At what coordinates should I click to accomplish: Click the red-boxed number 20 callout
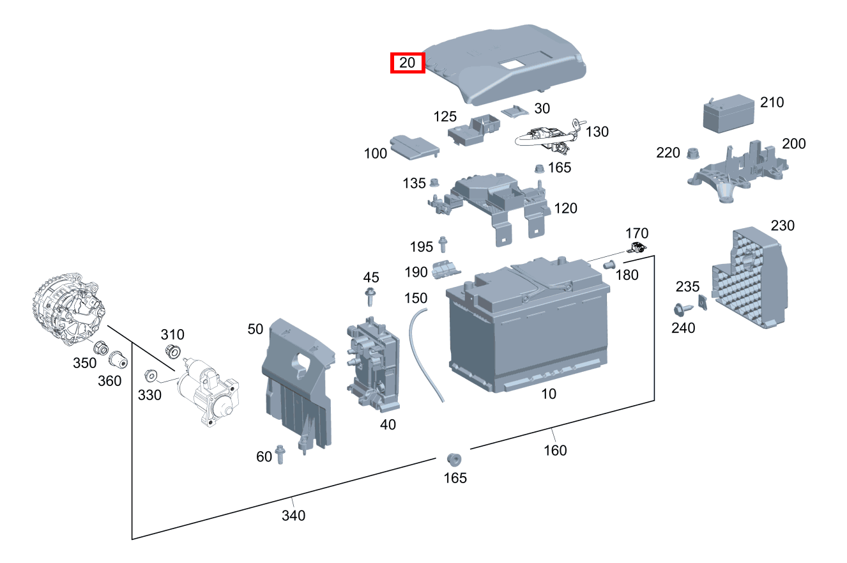[x=408, y=63]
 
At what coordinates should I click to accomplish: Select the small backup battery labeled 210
[x=728, y=114]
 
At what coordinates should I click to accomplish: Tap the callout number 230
[x=782, y=226]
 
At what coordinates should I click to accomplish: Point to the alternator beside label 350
[x=68, y=309]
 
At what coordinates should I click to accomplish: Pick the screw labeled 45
[x=370, y=297]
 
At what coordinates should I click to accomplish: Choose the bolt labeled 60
[x=280, y=454]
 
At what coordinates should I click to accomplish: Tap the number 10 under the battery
[x=549, y=394]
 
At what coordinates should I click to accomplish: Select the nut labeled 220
[x=692, y=153]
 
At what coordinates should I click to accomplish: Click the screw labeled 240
[x=683, y=309]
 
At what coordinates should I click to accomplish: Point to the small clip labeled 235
[x=703, y=302]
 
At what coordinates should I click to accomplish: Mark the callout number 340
[x=293, y=515]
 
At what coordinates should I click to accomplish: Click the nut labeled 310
[x=173, y=352]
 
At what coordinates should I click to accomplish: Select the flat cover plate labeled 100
[x=415, y=147]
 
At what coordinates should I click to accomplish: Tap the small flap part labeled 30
[x=515, y=111]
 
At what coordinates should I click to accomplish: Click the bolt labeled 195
[x=443, y=244]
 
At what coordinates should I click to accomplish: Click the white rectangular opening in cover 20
[x=510, y=63]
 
